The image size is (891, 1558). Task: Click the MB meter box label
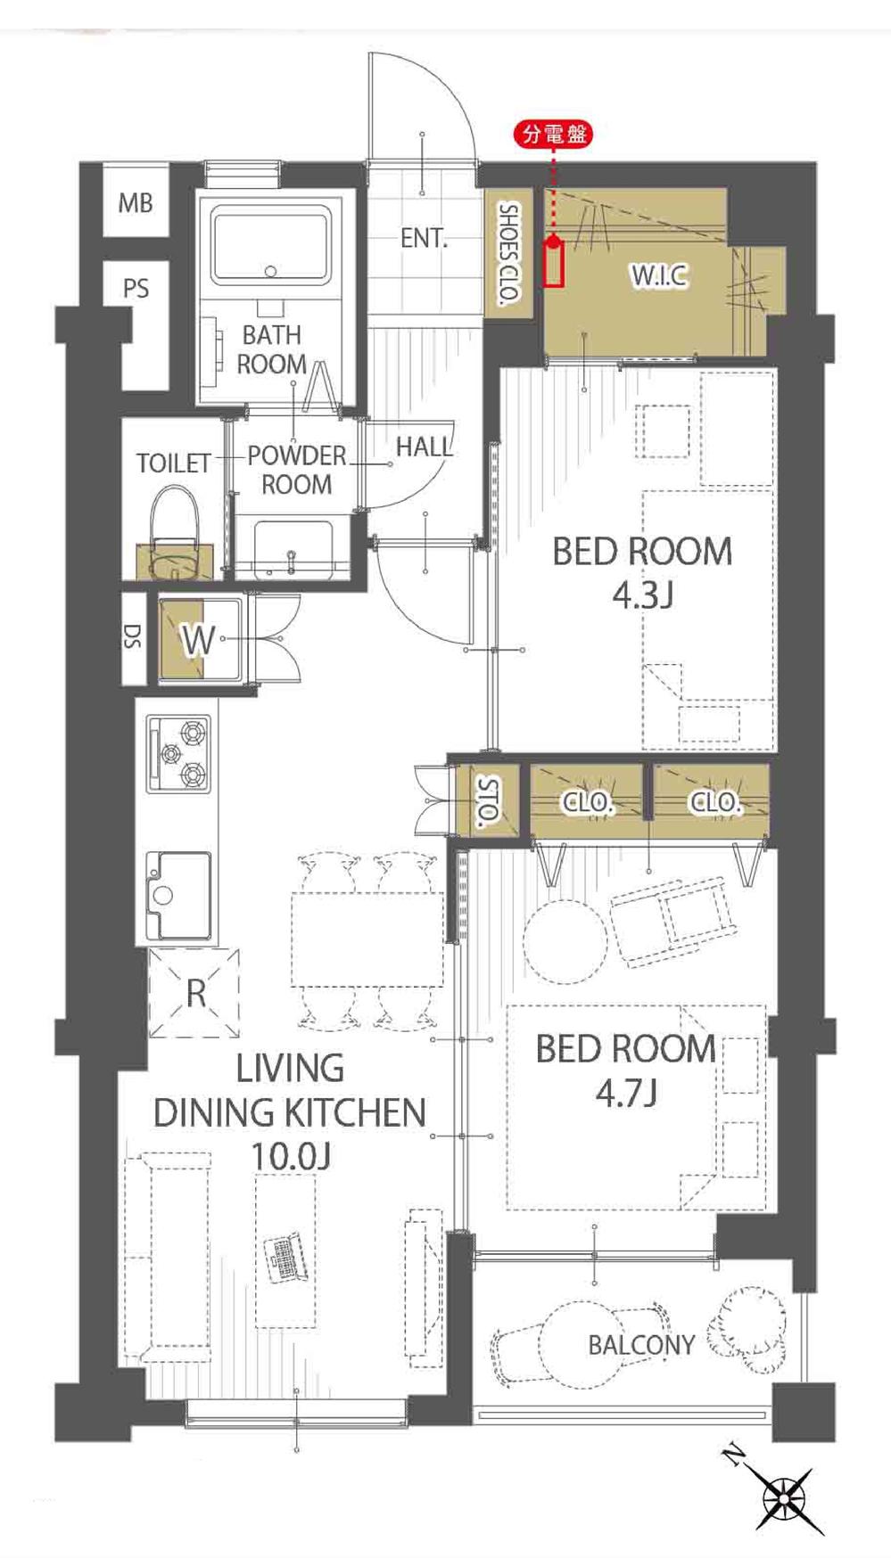click(x=136, y=203)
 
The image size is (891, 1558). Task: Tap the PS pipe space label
click(x=136, y=289)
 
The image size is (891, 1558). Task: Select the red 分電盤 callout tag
click(x=555, y=135)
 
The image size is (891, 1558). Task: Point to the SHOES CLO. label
click(x=509, y=255)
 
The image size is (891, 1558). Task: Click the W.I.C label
click(x=660, y=275)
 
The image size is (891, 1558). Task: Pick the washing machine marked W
click(x=200, y=640)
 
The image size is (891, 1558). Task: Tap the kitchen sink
click(x=179, y=896)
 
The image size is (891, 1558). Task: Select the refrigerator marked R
click(x=195, y=993)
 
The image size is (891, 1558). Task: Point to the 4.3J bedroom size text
click(x=642, y=595)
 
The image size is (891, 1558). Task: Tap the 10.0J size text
click(x=291, y=1157)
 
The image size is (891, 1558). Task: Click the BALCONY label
click(x=641, y=1345)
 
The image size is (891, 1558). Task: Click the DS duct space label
click(x=132, y=636)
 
